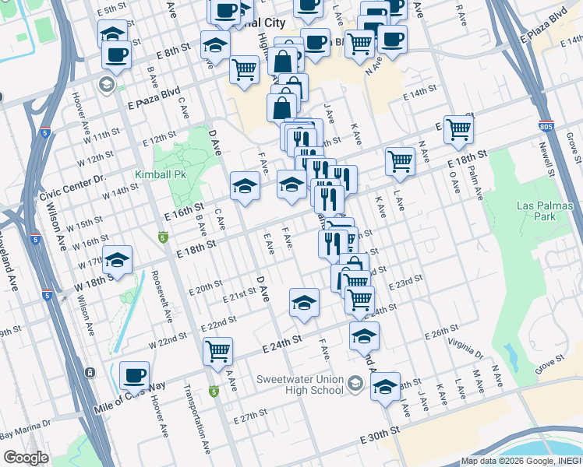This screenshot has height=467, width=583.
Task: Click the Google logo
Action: [x=26, y=458]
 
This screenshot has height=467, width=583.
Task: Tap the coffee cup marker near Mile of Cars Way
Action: [x=134, y=376]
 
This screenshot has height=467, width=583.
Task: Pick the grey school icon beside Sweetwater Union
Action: [x=355, y=382]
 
